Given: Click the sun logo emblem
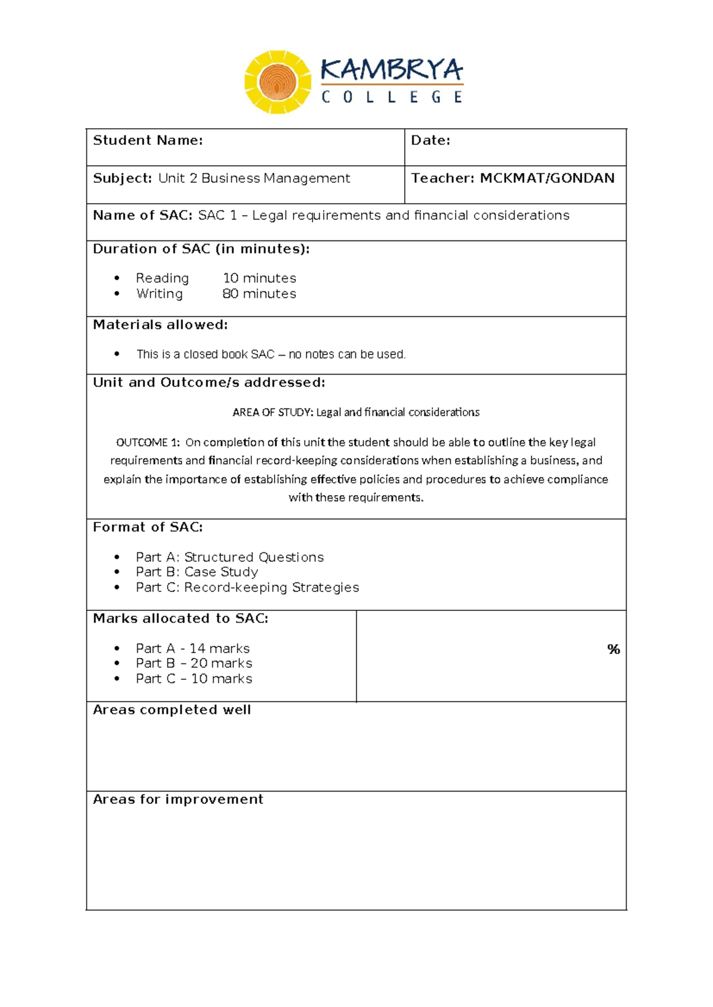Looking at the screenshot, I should pos(277,82).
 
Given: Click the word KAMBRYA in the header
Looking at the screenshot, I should pos(391,70).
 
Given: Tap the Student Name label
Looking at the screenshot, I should pos(148,141).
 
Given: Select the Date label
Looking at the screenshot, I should pos(430,141).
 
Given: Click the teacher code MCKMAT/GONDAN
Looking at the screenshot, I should pos(547,179).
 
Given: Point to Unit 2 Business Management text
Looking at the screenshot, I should pos(254,179).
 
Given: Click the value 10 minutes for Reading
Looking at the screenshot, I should pos(259,278).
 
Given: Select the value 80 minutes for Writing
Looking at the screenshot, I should pos(259,294).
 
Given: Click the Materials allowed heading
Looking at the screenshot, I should pos(160,325).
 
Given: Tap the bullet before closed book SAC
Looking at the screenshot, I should pos(117,354).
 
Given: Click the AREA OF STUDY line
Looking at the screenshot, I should pos(356,413).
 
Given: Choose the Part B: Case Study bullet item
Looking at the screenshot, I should pos(197,572).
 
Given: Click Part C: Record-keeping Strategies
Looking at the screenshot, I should pos(247,588).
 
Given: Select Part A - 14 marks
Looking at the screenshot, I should pos(193,649).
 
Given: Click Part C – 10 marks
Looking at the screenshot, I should pos(194,679).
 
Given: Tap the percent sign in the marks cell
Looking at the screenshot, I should pos(613,650).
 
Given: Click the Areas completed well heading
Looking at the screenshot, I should pos(172,710).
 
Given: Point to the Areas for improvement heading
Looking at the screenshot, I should pos(178,800).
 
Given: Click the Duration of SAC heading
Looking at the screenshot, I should pos(201,249).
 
